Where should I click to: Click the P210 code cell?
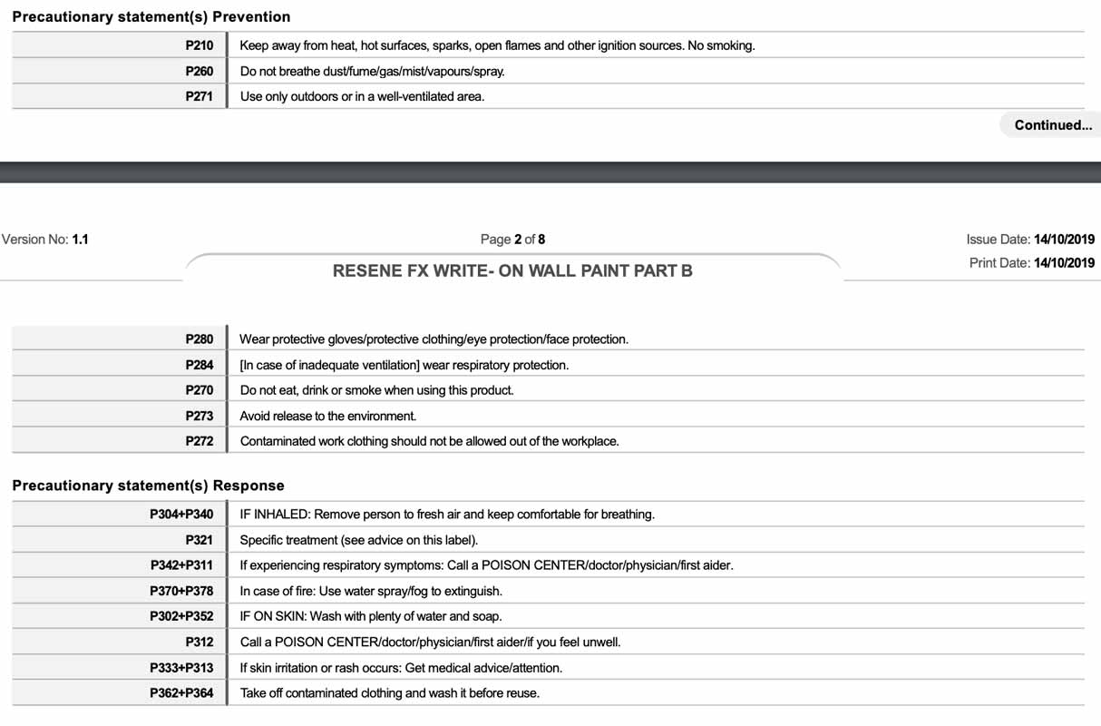199,45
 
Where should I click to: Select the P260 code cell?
199,71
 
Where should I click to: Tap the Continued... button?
1052,125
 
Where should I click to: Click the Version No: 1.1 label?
44,240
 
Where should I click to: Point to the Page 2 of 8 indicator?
512,240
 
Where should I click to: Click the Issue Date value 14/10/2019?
1064,240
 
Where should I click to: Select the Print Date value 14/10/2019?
1064,263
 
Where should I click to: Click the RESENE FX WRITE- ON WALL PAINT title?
512,270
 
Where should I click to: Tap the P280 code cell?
199,339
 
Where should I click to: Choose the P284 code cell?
199,365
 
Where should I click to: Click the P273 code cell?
199,416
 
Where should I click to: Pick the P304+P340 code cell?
181,515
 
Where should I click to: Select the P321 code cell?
199,540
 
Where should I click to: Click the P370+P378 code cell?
181,591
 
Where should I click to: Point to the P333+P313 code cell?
181,668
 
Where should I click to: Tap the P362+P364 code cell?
181,693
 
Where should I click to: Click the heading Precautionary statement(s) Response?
148,486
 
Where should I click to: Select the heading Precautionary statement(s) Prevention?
151,17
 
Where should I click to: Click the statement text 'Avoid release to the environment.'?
327,416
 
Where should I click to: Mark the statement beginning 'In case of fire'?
370,591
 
